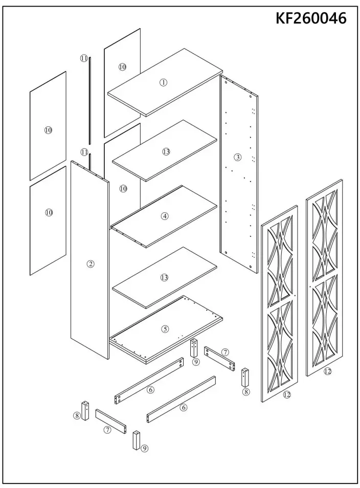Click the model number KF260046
point(311,18)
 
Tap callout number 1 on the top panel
point(164,82)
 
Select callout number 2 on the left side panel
point(90,264)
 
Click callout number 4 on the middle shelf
point(165,216)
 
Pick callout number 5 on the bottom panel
point(165,329)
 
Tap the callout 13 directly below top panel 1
point(166,151)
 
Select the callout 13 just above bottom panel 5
point(164,278)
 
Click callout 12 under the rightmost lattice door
point(327,371)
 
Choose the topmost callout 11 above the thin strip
point(84,58)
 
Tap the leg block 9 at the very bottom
point(137,440)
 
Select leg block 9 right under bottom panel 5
point(194,349)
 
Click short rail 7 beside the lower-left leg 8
point(110,420)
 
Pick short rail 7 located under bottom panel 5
point(219,358)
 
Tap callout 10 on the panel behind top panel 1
point(122,67)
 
